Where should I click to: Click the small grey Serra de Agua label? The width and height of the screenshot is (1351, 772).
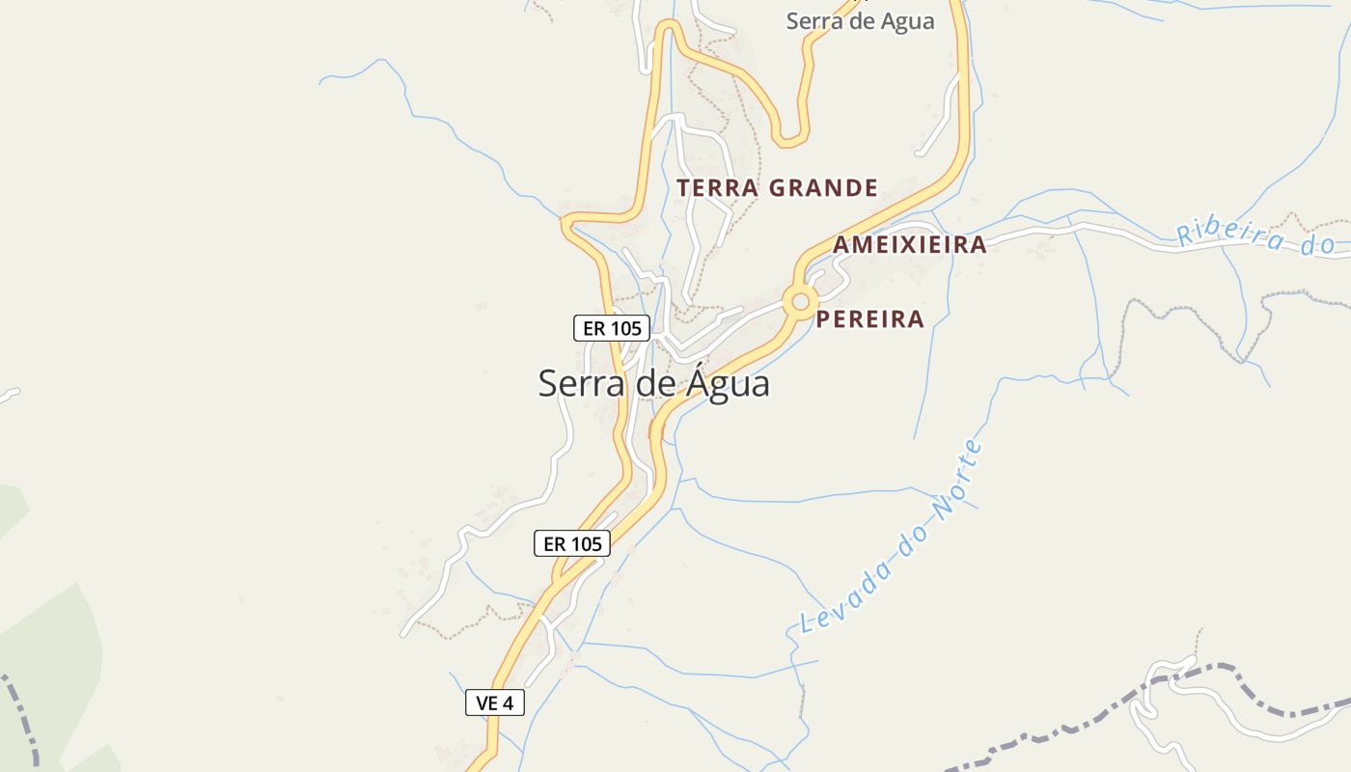pos(860,20)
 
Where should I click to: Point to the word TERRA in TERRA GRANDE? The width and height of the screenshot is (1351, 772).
pos(718,188)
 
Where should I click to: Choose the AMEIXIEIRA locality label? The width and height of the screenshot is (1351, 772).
pos(909,245)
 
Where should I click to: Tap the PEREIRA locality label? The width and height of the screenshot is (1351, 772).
pos(869,319)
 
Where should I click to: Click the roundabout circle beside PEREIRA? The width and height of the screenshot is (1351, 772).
pos(800,302)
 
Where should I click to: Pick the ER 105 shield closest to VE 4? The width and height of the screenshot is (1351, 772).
pos(572,543)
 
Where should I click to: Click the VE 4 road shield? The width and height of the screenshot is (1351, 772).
pos(495,703)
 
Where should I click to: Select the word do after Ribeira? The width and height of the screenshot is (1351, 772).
pos(1316,244)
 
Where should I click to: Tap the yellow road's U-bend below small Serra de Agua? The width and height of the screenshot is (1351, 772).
pos(792,140)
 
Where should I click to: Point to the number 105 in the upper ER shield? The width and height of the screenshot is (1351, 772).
pos(626,328)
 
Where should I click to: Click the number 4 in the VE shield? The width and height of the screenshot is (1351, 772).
pos(508,703)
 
